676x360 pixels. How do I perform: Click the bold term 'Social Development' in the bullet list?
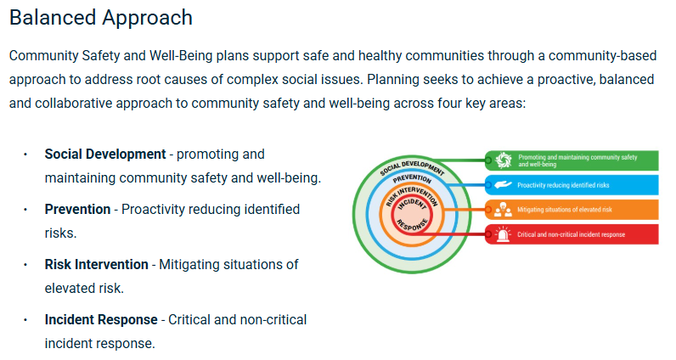pos(104,155)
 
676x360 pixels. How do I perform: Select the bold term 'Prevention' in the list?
pos(77,209)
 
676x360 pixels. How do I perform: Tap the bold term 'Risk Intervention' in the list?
pos(96,264)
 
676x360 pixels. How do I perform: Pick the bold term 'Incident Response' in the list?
pos(101,319)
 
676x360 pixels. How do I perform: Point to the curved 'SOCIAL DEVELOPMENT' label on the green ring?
pos(412,166)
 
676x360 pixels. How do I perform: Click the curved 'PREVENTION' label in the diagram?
pos(412,180)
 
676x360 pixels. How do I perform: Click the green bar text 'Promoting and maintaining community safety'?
pos(577,157)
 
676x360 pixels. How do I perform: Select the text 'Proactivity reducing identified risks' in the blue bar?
pos(563,184)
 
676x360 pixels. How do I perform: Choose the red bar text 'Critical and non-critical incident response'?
pos(572,233)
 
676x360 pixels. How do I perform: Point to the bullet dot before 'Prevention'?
pos(25,209)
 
